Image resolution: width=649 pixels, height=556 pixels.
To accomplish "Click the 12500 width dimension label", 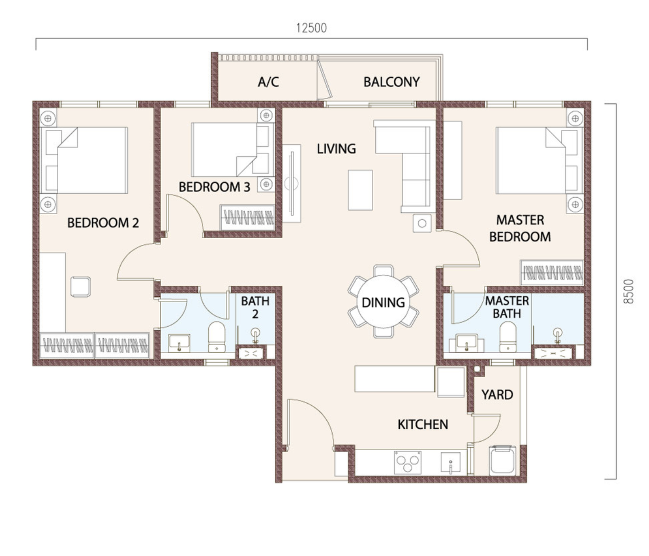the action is (311, 28).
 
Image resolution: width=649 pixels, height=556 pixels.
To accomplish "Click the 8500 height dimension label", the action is (628, 291).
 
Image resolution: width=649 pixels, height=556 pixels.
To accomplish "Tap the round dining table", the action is (383, 301).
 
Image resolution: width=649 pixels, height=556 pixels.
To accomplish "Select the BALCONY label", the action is (392, 82).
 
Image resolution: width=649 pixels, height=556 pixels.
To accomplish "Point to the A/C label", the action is (268, 82).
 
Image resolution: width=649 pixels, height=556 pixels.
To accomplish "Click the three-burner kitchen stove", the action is (408, 462).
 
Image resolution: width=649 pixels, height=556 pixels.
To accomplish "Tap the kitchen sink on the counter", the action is (451, 462).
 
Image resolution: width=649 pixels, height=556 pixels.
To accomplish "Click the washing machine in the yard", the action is (503, 460).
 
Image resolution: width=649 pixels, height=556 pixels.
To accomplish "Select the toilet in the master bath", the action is (508, 337).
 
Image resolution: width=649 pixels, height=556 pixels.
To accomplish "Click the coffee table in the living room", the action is (360, 190).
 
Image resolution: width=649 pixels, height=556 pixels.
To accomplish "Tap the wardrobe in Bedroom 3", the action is (247, 217).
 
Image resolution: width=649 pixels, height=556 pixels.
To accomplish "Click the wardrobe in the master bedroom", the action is (552, 272).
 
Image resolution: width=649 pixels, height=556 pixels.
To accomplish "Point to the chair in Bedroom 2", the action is (81, 286).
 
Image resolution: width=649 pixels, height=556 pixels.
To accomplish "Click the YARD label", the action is (498, 395).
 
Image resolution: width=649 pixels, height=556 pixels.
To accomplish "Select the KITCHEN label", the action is (423, 424).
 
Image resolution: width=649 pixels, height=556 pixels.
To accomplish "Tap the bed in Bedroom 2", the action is (84, 160).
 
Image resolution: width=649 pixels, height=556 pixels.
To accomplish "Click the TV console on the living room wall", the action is (292, 183).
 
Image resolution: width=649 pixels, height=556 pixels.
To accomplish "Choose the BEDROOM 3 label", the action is (214, 187).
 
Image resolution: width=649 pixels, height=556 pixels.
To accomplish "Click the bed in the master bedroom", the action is (539, 161).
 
